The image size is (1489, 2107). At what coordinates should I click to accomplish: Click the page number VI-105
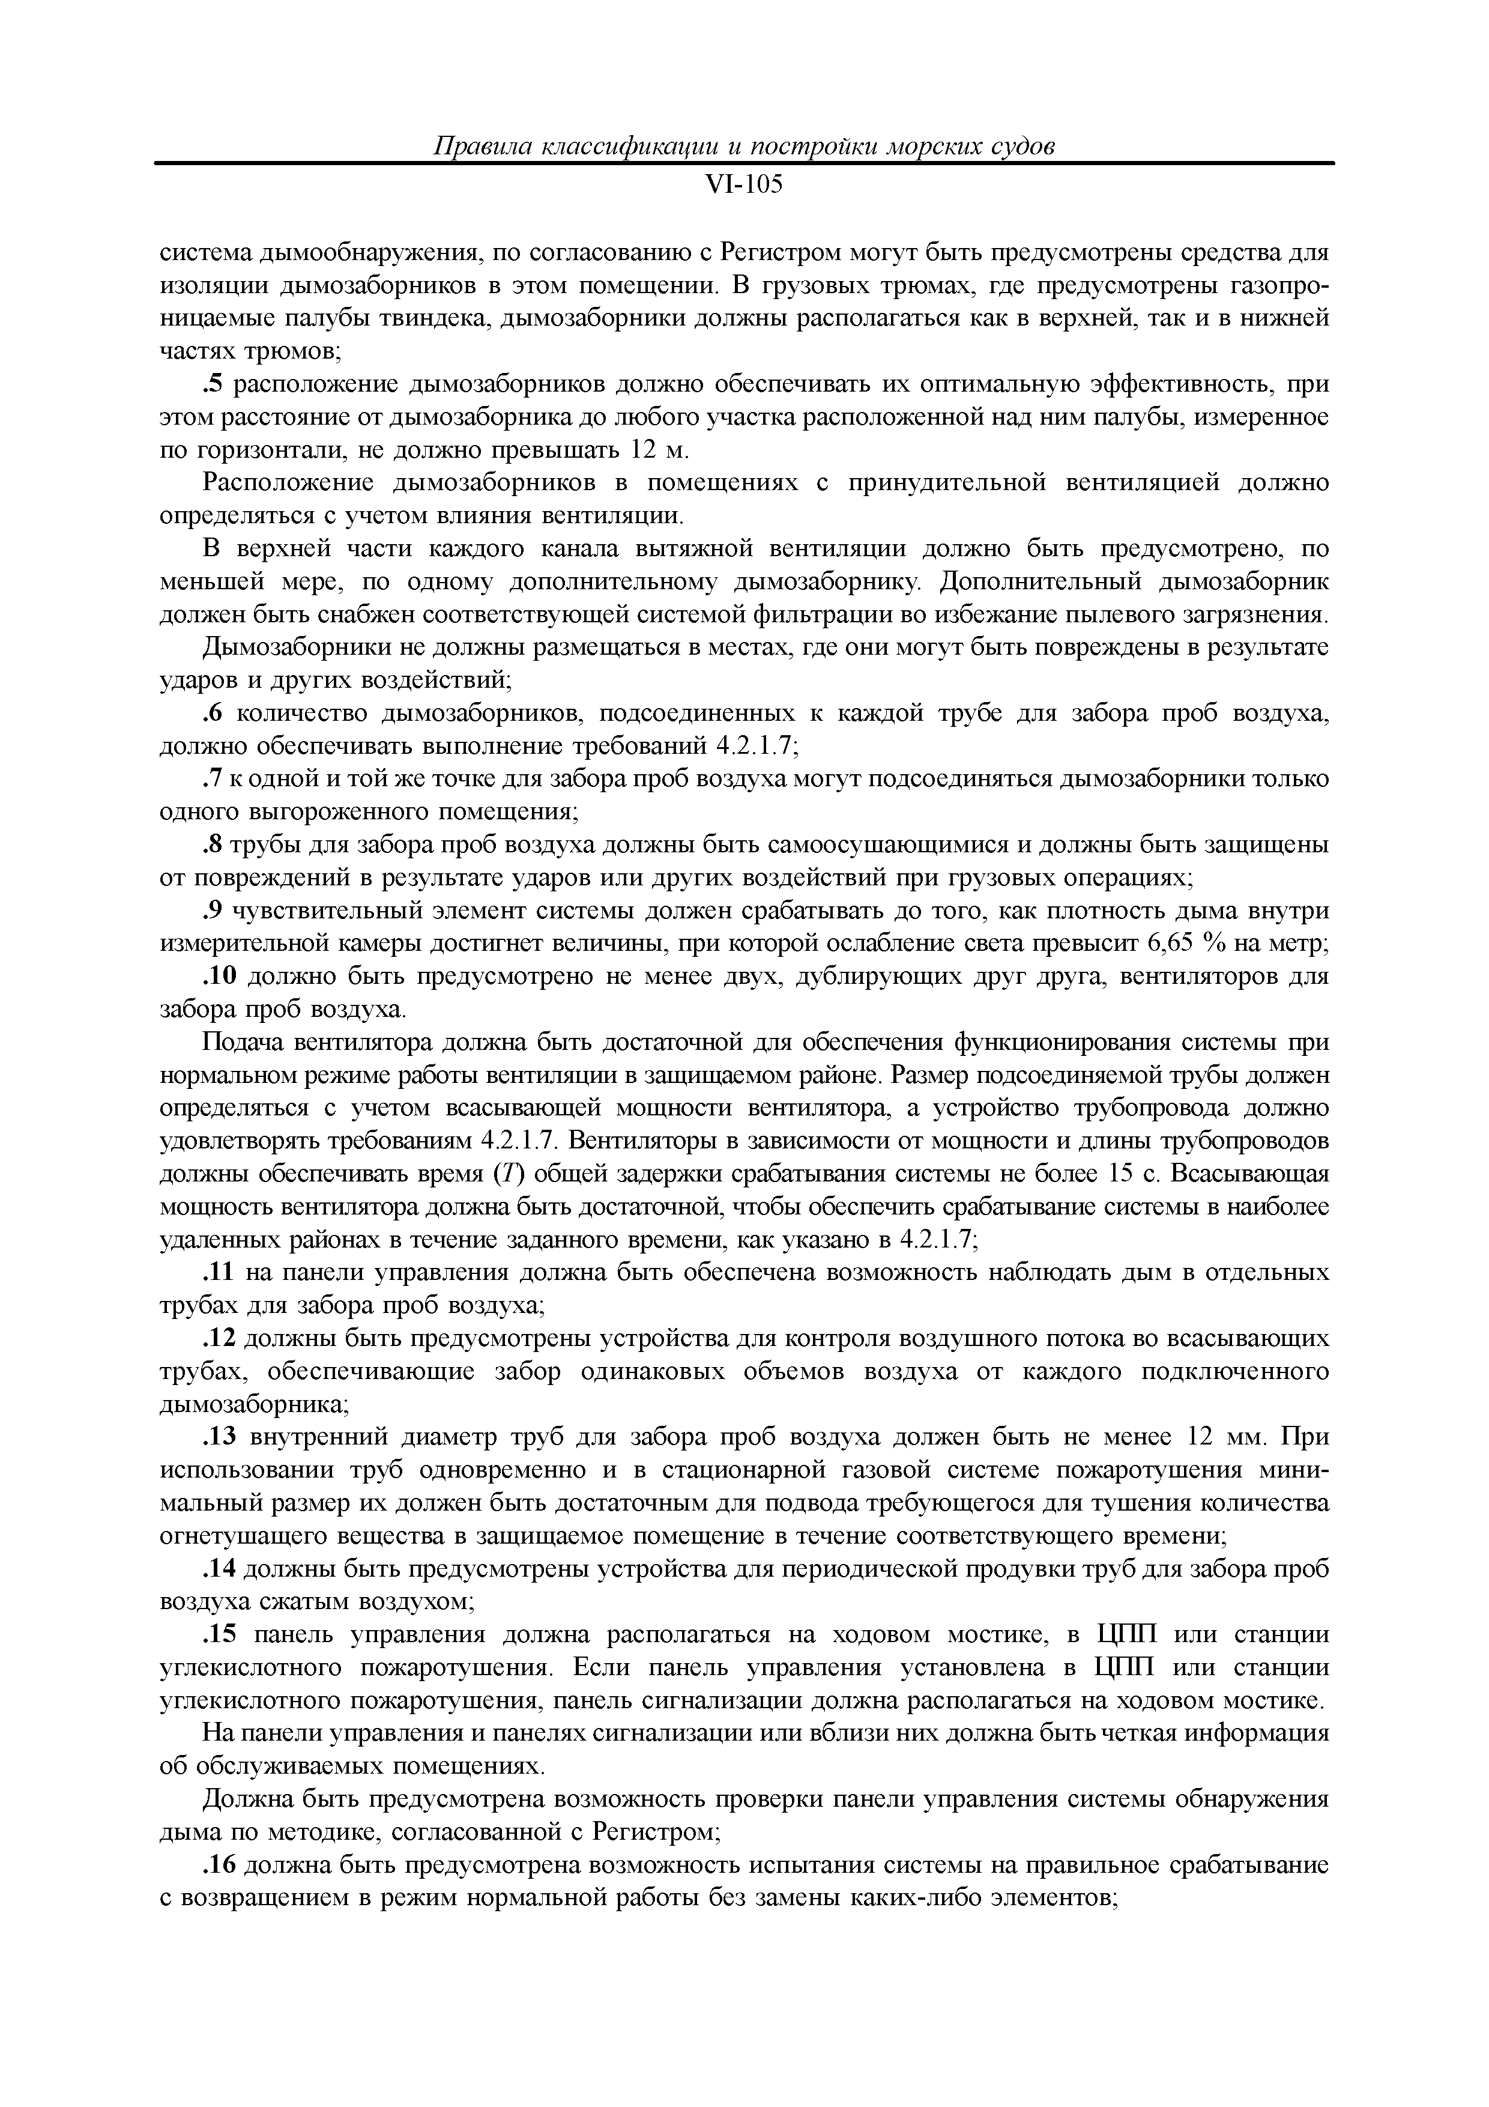click(x=744, y=186)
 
